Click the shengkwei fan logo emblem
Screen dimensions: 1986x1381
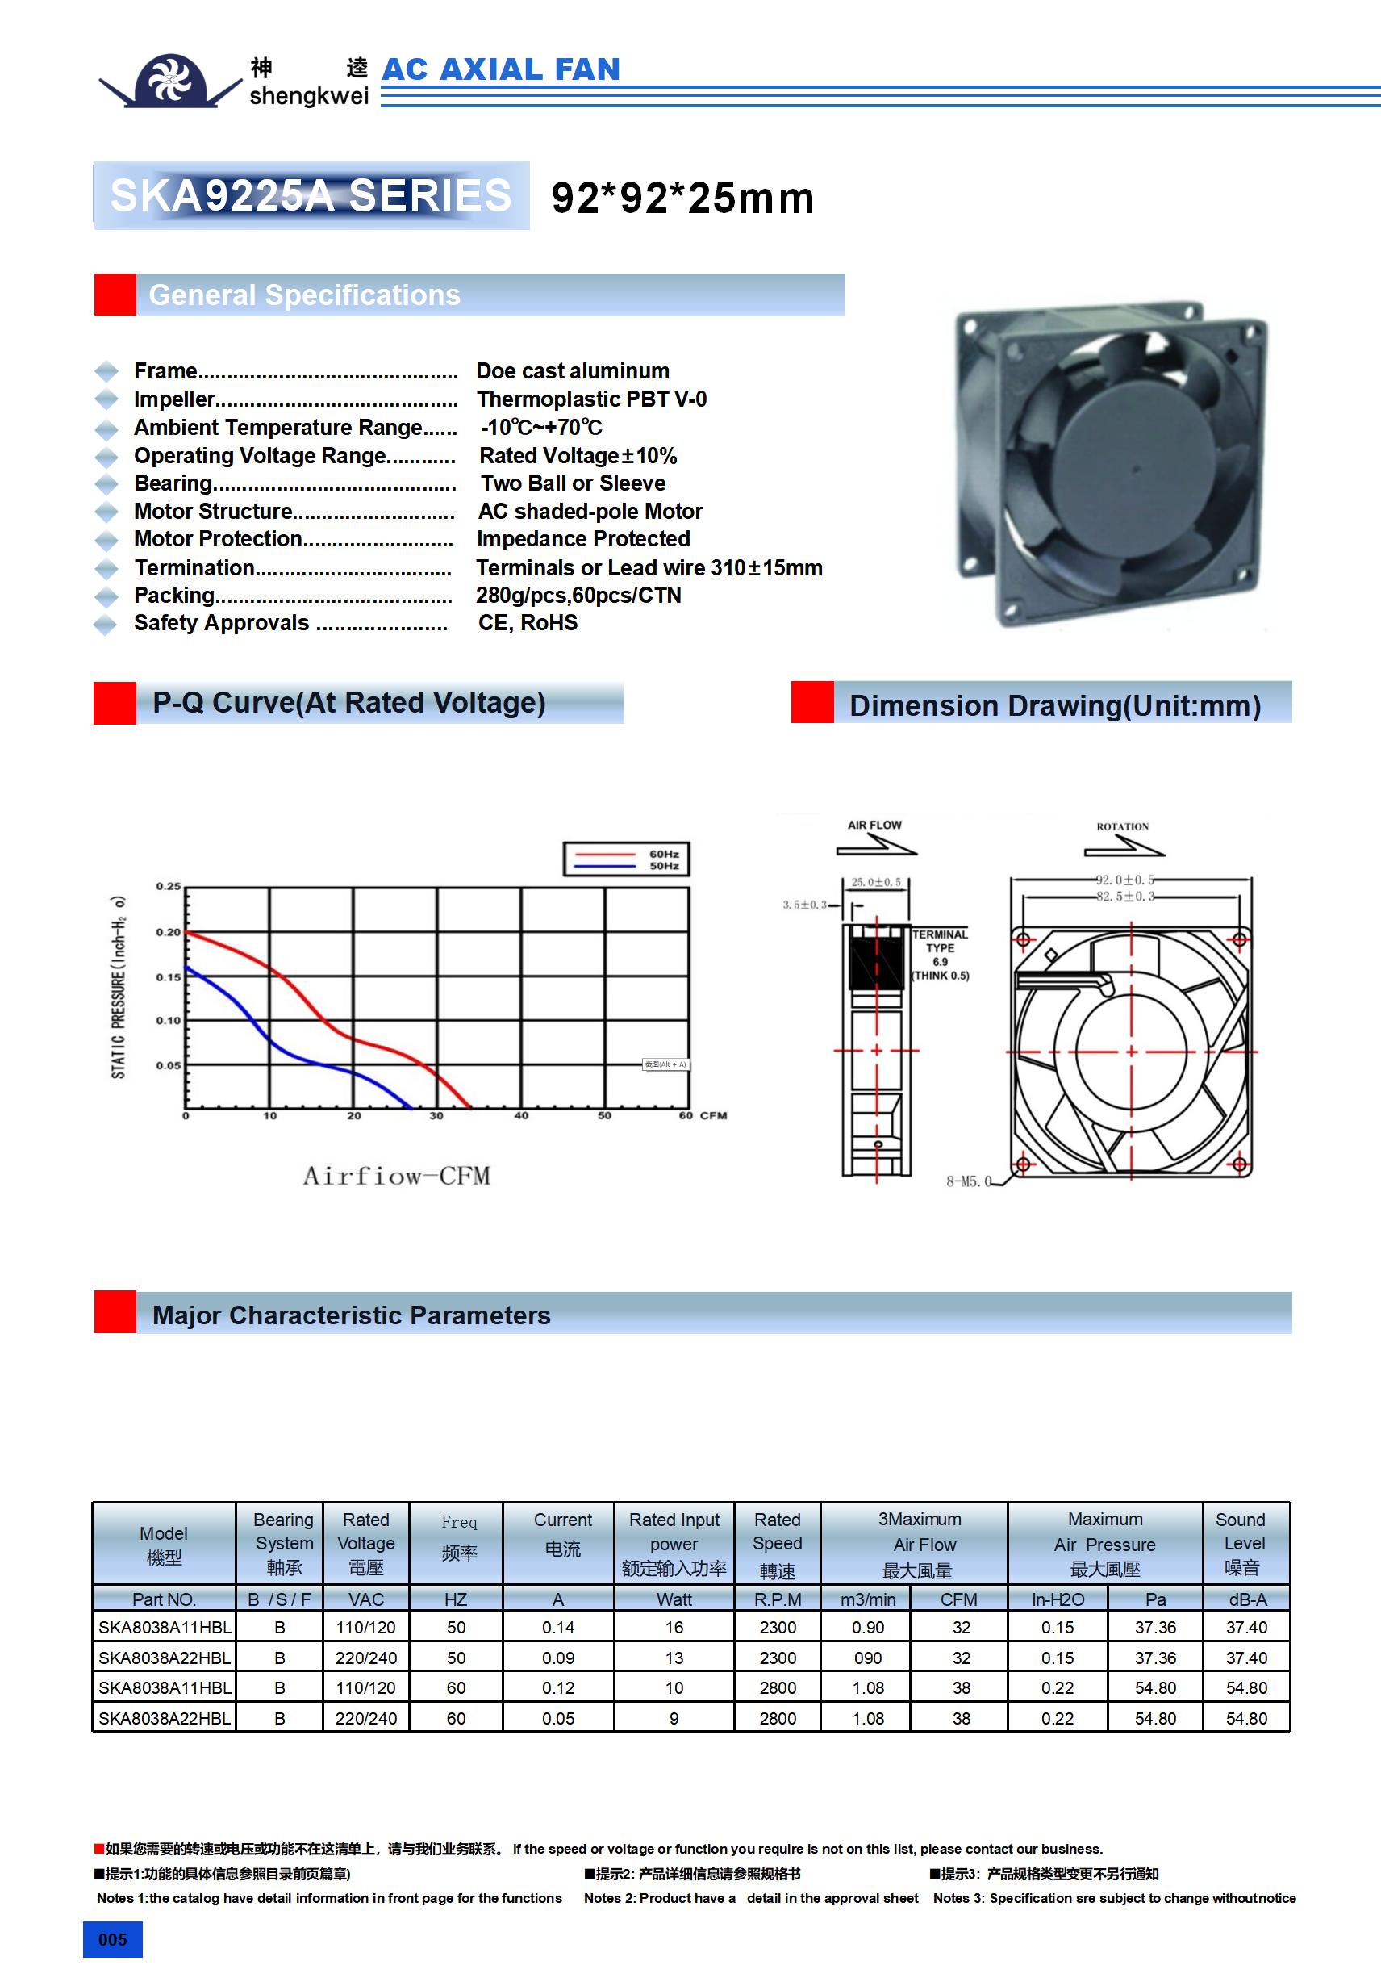170,81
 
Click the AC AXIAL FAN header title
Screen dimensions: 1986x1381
501,69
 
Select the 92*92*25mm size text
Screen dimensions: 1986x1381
682,198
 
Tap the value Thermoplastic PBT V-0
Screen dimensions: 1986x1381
591,399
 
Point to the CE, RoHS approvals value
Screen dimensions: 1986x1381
528,623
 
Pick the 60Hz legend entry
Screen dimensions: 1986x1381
663,854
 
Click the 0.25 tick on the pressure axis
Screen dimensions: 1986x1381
168,887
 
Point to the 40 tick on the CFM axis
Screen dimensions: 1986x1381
521,1116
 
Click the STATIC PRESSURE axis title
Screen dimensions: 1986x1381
119,986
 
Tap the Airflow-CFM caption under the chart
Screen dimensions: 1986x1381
396,1176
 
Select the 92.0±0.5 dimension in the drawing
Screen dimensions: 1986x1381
1124,880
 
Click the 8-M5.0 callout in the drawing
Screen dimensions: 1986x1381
969,1181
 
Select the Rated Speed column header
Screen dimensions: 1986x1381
778,1544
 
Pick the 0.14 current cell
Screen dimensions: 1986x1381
557,1627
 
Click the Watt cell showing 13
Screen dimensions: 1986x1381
674,1658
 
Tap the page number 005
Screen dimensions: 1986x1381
112,1939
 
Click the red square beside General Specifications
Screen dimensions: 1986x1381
115,295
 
